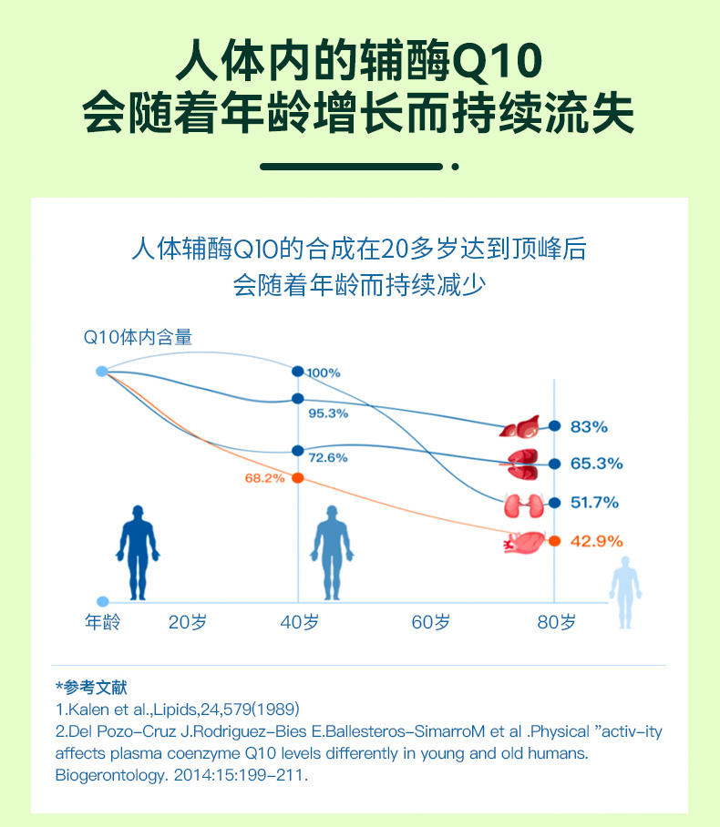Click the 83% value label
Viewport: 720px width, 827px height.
pyautogui.click(x=589, y=426)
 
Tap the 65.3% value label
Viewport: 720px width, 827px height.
pyautogui.click(x=596, y=464)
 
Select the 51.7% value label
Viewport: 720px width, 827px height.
pyautogui.click(x=594, y=502)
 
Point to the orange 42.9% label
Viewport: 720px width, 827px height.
pyautogui.click(x=596, y=541)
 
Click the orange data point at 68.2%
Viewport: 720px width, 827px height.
pyautogui.click(x=298, y=478)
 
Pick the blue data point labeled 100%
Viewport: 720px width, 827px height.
pyautogui.click(x=298, y=372)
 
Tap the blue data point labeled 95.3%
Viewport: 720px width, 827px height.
pyautogui.click(x=298, y=399)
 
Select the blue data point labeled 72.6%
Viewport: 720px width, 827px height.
pyautogui.click(x=298, y=451)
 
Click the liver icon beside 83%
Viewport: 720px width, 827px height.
pyautogui.click(x=521, y=426)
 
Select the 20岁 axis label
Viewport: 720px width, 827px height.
pyautogui.click(x=188, y=623)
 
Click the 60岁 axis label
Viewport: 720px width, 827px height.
pyautogui.click(x=431, y=623)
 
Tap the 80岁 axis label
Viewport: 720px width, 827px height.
pyautogui.click(x=556, y=623)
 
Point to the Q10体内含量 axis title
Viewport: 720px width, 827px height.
pyautogui.click(x=138, y=337)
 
